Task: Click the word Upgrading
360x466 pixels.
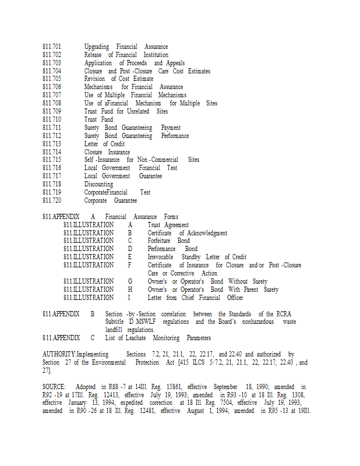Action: (x=97, y=47)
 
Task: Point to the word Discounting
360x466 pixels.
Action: (x=98, y=184)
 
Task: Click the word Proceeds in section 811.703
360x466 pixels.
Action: (x=133, y=63)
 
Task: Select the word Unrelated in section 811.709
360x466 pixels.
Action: (x=138, y=111)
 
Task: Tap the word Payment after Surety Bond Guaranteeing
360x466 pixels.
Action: (x=171, y=128)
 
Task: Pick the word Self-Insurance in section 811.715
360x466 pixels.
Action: (x=102, y=160)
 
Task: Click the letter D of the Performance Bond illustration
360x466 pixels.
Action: (x=130, y=249)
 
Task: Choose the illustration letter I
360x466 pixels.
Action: (x=129, y=298)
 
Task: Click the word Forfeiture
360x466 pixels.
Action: (x=160, y=241)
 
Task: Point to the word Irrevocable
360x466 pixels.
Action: (x=161, y=257)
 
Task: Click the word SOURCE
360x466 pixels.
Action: (x=54, y=387)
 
